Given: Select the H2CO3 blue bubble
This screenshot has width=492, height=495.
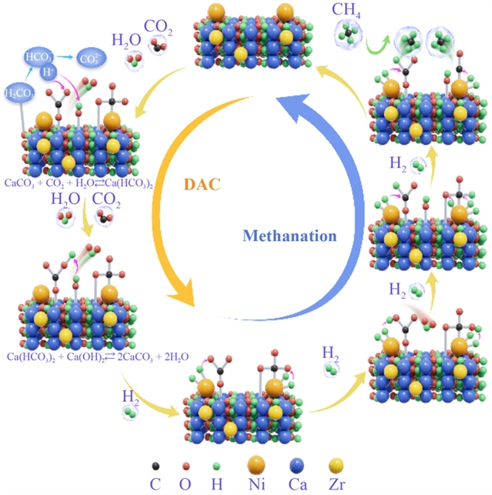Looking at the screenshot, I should point(21,93).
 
